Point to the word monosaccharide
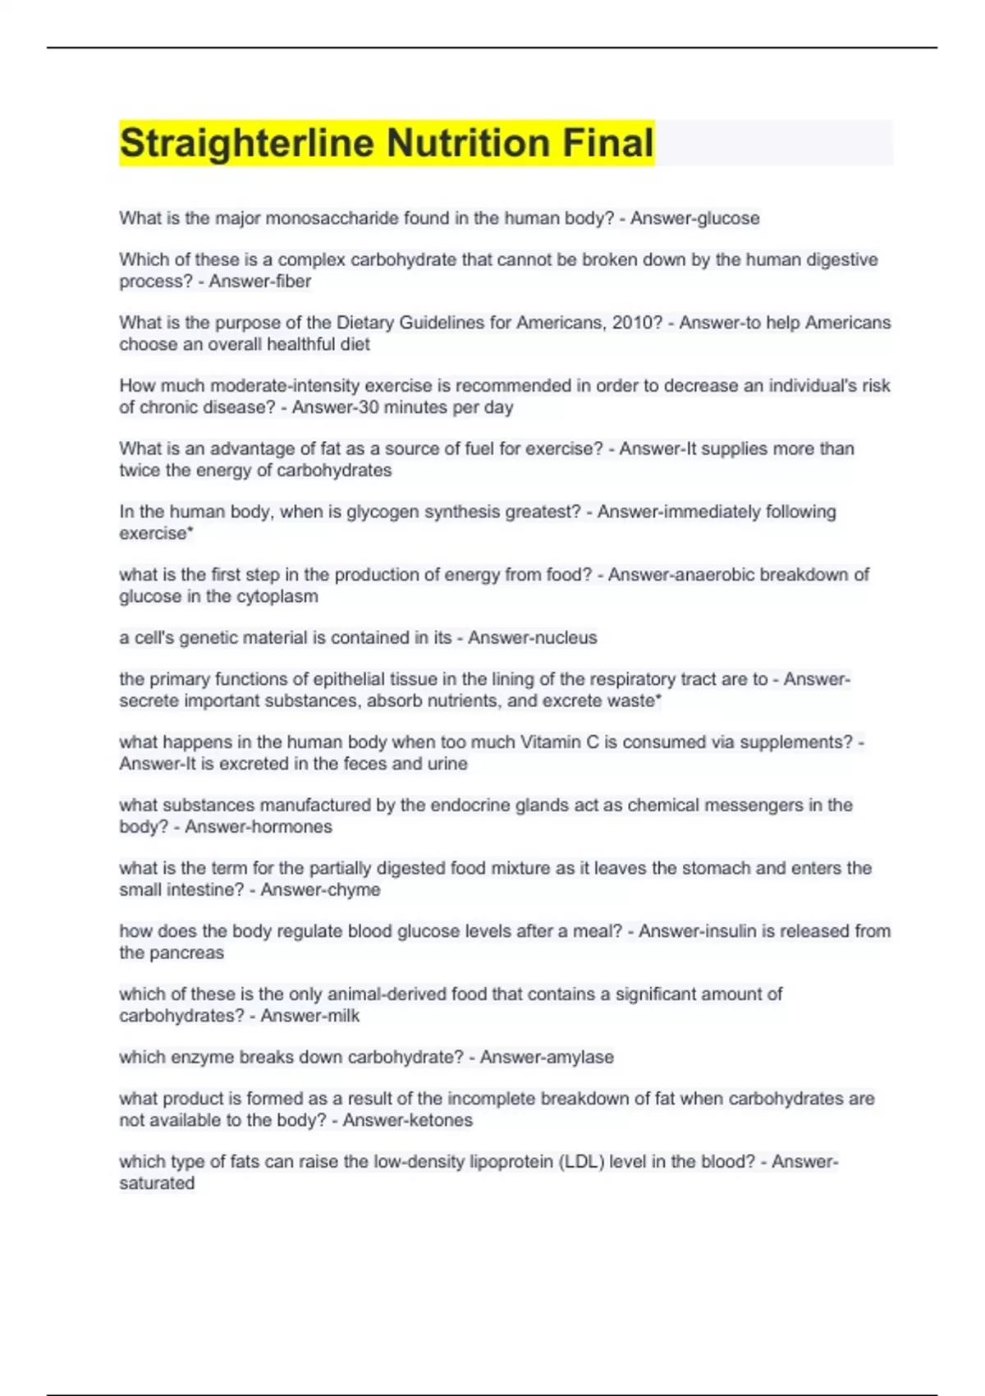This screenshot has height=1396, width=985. click(x=337, y=218)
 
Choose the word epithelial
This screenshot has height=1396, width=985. click(x=329, y=679)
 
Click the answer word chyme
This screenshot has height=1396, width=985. click(x=355, y=890)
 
